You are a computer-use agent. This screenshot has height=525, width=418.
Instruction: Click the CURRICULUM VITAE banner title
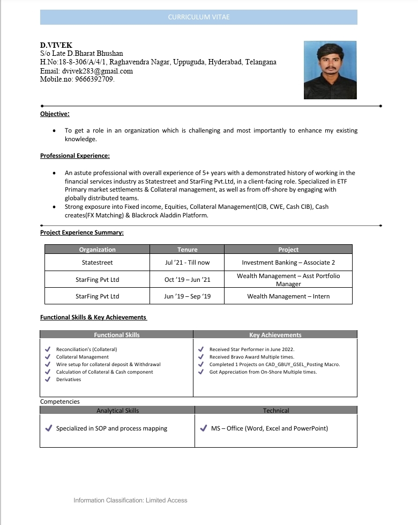click(x=198, y=17)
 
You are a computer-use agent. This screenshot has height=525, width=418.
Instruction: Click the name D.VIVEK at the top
click(x=56, y=46)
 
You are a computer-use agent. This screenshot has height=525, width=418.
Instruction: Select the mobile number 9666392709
click(x=94, y=79)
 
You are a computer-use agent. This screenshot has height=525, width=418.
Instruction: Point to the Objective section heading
click(x=55, y=114)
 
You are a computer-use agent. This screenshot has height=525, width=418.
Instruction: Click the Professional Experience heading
click(x=75, y=156)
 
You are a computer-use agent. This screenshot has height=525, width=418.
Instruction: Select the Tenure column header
click(x=187, y=250)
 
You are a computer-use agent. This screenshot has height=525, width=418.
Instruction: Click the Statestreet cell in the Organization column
click(x=97, y=262)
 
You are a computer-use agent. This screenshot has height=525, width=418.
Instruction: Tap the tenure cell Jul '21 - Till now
click(x=187, y=262)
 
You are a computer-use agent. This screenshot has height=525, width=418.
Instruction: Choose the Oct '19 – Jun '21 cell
click(x=187, y=280)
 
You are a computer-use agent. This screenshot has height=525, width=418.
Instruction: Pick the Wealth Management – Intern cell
click(x=288, y=296)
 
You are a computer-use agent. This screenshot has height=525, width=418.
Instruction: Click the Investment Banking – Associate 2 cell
click(x=288, y=262)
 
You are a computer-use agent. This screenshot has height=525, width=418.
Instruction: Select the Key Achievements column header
click(x=275, y=335)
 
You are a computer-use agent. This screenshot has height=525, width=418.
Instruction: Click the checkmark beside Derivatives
click(x=48, y=380)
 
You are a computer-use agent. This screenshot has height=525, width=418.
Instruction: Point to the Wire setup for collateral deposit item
click(x=108, y=364)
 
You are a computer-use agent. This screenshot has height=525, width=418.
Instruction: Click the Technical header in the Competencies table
click(x=275, y=411)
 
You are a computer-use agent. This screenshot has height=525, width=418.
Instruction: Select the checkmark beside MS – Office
click(x=203, y=428)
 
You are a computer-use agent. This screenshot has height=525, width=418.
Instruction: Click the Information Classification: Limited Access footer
click(x=130, y=500)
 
